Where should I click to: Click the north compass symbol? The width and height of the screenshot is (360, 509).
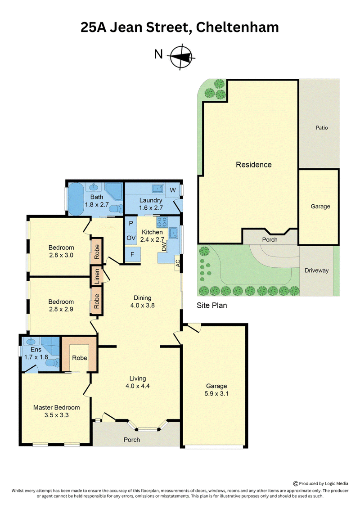[x=181, y=57]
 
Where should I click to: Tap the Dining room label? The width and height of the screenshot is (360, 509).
[x=143, y=302]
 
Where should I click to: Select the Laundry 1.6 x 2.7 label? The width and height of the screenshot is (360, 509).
[x=151, y=204]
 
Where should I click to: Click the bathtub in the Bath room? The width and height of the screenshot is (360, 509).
[x=76, y=199]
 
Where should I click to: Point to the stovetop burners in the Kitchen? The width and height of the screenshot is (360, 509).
[x=162, y=222]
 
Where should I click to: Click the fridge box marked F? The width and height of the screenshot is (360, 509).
[x=133, y=254]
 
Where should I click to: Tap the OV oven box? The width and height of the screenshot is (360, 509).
[x=131, y=238]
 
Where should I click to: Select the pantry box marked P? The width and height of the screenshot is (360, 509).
[x=131, y=223]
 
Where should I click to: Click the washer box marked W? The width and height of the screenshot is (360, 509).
[x=173, y=190]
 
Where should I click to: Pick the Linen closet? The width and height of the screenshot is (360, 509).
[x=97, y=277]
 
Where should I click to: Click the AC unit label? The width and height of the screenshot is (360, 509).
[x=178, y=263]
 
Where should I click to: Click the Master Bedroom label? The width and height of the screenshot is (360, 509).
[x=57, y=411]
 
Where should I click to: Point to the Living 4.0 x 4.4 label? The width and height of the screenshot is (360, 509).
[x=138, y=382]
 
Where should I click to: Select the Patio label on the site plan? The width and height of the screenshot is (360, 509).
[x=322, y=127]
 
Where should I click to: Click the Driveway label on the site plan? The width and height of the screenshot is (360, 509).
[x=316, y=270]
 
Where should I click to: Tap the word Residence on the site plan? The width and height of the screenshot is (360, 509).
[x=254, y=165]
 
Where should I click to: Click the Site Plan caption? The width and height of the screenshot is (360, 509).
[x=211, y=306]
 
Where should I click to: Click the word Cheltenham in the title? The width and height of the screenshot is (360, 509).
[x=237, y=27]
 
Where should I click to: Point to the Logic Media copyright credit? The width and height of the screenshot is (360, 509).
[x=321, y=483]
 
